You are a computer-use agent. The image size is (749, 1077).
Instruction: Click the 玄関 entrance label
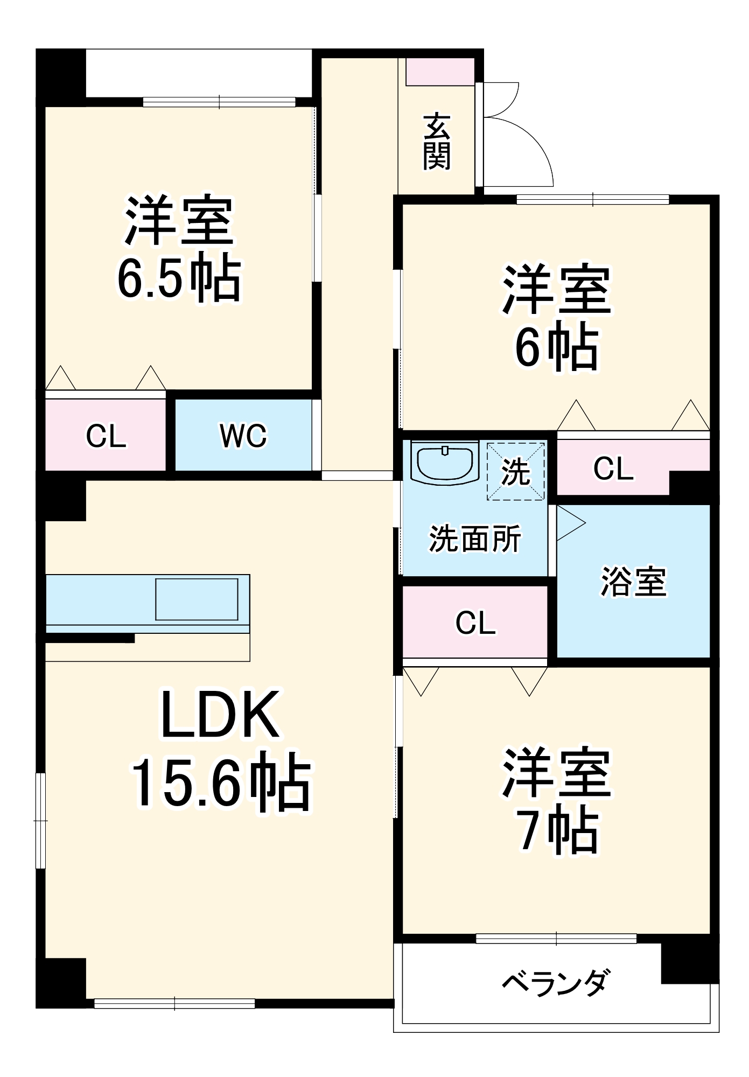click(x=436, y=142)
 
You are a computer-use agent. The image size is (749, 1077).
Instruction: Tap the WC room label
click(x=243, y=436)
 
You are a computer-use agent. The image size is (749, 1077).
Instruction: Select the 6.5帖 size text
click(x=178, y=279)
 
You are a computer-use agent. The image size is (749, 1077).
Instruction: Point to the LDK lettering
click(x=220, y=715)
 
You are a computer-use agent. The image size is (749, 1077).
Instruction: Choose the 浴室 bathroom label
click(x=633, y=582)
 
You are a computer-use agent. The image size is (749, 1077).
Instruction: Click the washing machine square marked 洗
click(x=516, y=471)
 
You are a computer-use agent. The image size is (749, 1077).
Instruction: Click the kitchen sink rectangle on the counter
click(x=197, y=599)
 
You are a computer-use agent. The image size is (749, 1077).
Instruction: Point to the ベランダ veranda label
click(x=556, y=982)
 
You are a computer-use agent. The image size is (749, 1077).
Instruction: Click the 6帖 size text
click(x=557, y=347)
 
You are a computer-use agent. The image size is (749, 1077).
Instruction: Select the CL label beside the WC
click(x=106, y=436)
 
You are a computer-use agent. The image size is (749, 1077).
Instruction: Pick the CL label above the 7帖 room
click(x=475, y=623)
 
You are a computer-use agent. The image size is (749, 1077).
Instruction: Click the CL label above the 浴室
click(x=613, y=468)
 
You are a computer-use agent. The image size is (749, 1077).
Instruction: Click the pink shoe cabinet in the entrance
click(x=440, y=72)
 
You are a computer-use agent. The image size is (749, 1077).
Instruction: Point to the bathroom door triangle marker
click(x=570, y=522)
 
